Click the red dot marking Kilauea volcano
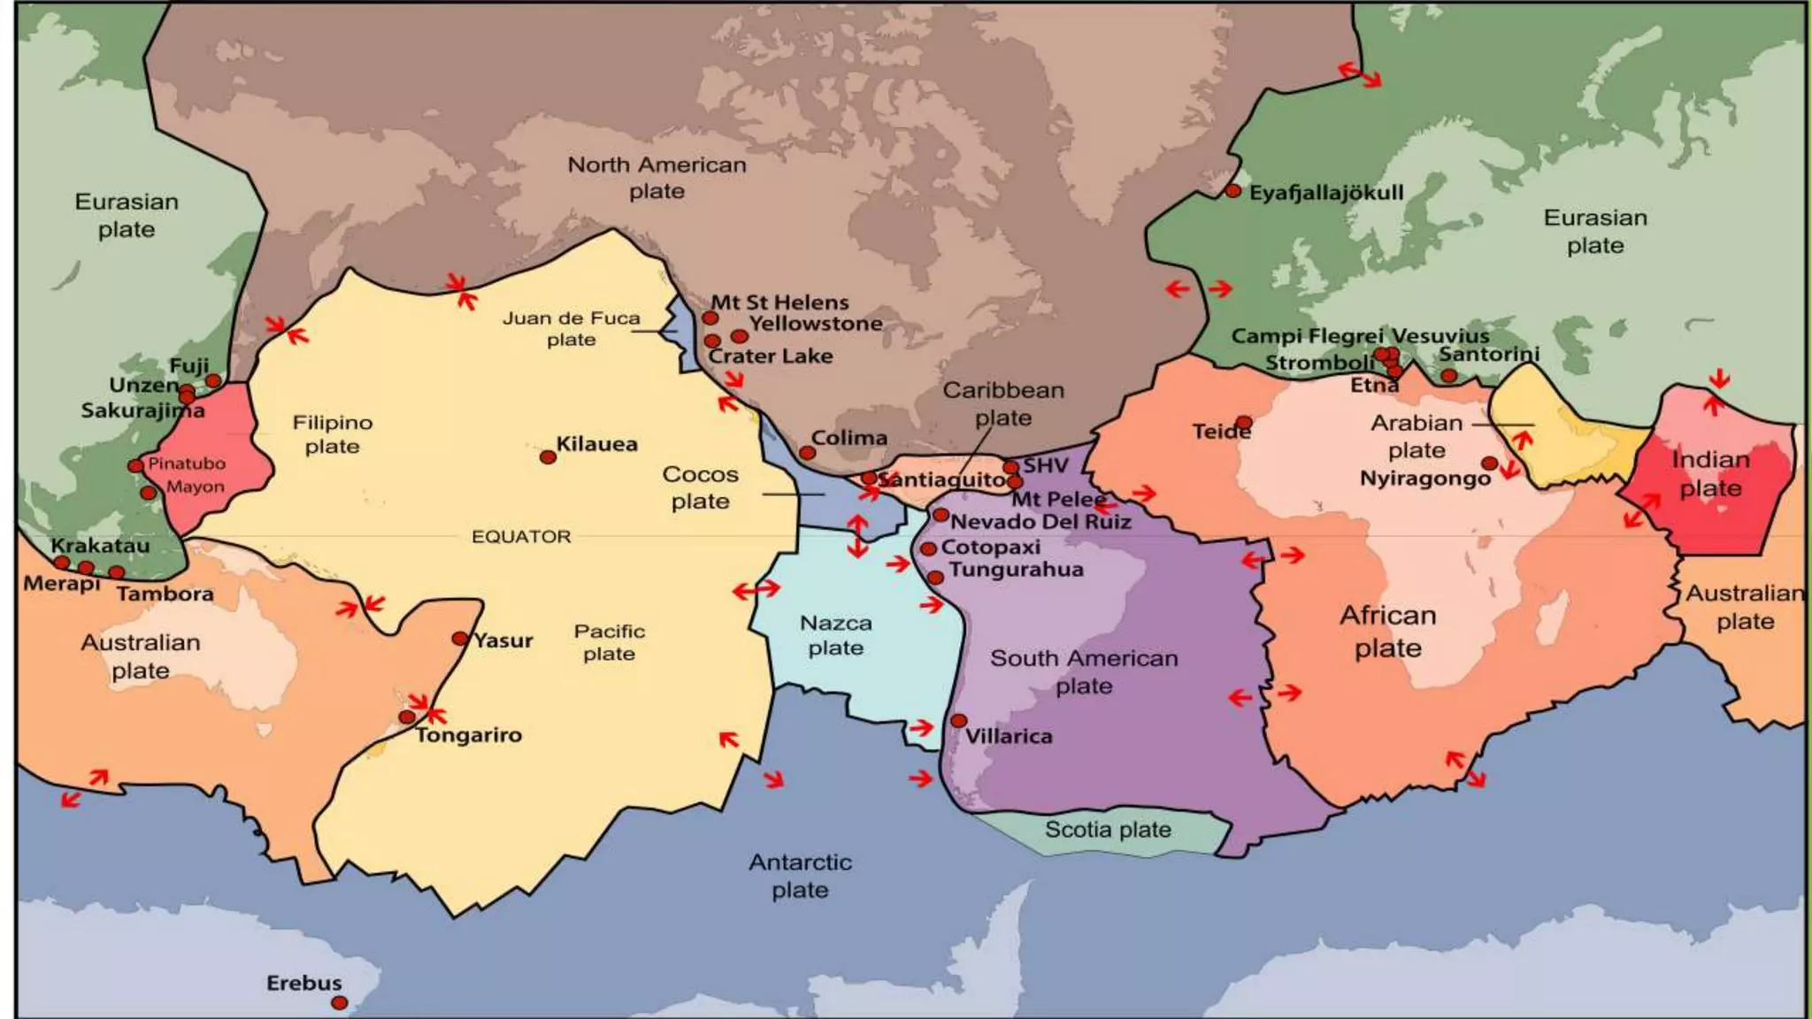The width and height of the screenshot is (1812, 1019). (x=548, y=457)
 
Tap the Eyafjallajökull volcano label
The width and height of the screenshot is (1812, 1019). (x=1325, y=193)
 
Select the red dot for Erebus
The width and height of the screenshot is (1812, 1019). (x=339, y=1003)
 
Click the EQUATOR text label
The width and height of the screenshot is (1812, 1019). (x=520, y=537)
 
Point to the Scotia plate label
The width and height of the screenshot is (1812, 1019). (x=1108, y=830)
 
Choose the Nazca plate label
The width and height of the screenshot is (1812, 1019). (x=835, y=635)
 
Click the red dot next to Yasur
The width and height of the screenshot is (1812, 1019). (x=460, y=639)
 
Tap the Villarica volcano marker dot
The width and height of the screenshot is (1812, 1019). (x=958, y=721)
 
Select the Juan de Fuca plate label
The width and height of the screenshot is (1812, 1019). (x=571, y=328)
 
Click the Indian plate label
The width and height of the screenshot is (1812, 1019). (x=1710, y=474)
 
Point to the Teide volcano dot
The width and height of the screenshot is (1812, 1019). (x=1244, y=422)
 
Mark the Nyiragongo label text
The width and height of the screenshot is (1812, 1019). (x=1424, y=479)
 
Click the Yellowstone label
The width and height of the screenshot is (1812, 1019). (x=816, y=324)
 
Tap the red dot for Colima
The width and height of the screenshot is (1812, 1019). (x=807, y=453)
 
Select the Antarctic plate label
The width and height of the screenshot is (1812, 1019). (x=800, y=876)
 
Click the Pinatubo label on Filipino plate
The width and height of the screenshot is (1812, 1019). (x=186, y=464)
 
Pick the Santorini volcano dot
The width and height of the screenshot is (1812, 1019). (x=1448, y=376)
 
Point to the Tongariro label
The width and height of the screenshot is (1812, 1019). (x=469, y=735)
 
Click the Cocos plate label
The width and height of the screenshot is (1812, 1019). (x=700, y=487)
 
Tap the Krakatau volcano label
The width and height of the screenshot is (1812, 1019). (x=100, y=546)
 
